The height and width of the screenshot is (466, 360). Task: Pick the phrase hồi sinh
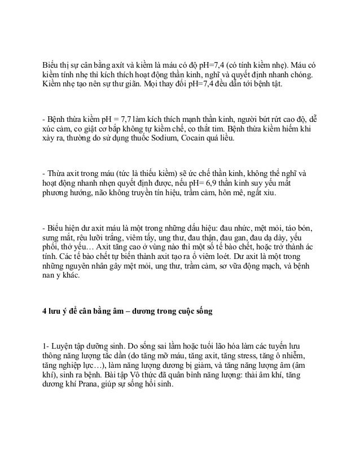161,385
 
